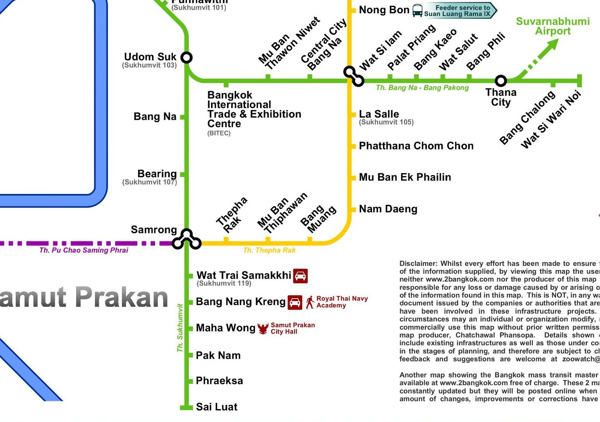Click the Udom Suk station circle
pos(186,57)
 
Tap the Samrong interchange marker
pos(187,240)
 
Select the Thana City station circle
pos(501,81)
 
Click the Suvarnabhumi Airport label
pos(553,26)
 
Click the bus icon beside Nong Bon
pos(417,10)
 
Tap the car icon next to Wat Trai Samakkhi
pos(300,276)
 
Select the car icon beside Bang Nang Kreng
pos(295,303)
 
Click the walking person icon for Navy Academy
pos(310,302)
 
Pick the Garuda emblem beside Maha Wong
pos(263,329)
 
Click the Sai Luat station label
pos(217,407)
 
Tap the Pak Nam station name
pos(218,355)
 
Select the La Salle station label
pos(379,114)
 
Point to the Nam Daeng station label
pos(388,209)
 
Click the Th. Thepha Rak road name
pos(269,250)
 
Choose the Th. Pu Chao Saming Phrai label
pos(84,250)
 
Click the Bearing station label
pos(157,174)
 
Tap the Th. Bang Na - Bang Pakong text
pos(422,88)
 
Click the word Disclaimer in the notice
pos(418,264)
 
